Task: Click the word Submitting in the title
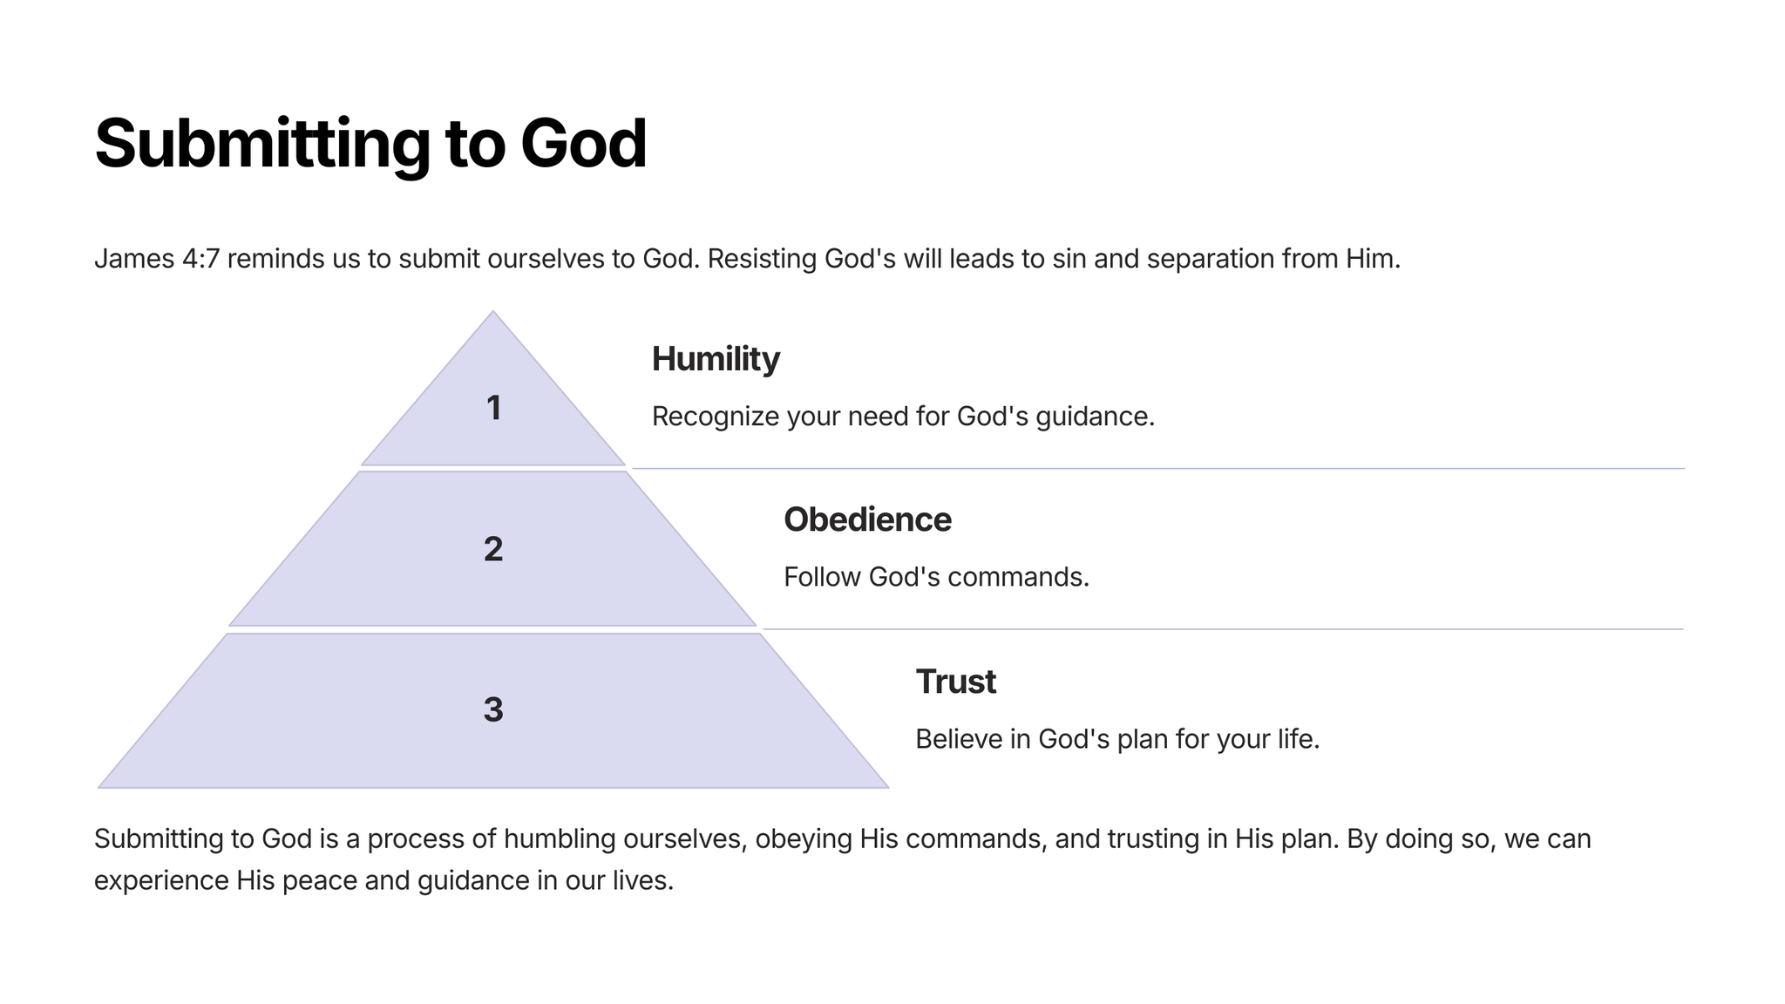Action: [x=262, y=145]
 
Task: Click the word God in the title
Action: [x=583, y=144]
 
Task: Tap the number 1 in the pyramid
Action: [x=494, y=408]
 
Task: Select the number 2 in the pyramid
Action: [x=493, y=549]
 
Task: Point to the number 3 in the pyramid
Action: [x=493, y=709]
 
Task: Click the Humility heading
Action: [x=716, y=359]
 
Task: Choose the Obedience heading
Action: [x=867, y=519]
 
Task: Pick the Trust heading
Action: [x=955, y=682]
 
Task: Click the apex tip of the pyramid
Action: [x=493, y=311]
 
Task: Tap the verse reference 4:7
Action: [x=201, y=259]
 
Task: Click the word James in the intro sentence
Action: [x=134, y=259]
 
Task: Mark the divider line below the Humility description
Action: [x=1158, y=469]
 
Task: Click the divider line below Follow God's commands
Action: [x=1223, y=629]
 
